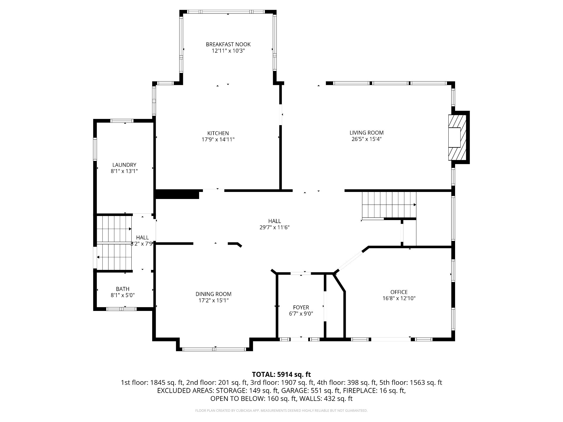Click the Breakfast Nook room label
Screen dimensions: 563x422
228,45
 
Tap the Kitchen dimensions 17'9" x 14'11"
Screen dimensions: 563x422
218,139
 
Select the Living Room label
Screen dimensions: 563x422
367,133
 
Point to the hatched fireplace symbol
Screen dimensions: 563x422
457,137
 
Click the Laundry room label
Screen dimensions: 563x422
124,165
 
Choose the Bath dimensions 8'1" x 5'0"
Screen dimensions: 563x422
123,295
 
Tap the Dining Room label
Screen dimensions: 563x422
213,294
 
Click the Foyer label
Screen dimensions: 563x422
301,307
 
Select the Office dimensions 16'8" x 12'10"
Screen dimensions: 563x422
399,298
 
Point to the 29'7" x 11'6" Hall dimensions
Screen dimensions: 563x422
275,227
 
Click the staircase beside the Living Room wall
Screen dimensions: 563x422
389,205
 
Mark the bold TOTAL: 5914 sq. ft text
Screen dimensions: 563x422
281,374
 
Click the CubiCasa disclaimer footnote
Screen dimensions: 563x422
281,411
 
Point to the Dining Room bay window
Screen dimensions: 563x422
214,349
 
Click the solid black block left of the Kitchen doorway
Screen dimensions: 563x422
177,195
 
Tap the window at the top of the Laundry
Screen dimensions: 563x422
122,121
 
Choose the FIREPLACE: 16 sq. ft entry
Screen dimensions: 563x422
374,390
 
